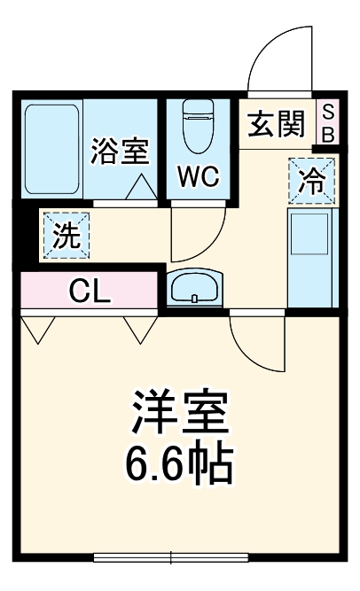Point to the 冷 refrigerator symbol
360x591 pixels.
tap(311, 180)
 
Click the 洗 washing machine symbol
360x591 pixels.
tap(64, 236)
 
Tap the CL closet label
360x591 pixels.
tap(90, 292)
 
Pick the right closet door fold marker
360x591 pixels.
tap(140, 329)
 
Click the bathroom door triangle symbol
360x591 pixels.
tap(141, 188)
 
